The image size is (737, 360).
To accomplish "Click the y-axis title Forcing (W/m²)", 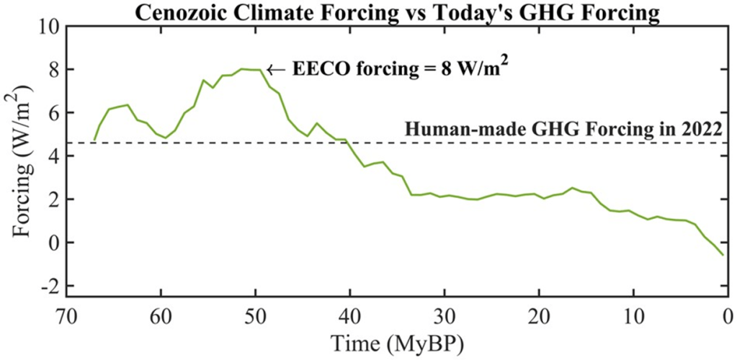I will point(23,156).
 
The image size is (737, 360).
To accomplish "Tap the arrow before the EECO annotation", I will point(275,71).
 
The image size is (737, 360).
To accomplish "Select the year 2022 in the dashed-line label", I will point(697,130).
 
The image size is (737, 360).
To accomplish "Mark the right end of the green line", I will point(723,256).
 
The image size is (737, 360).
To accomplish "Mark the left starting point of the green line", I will point(94,140).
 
